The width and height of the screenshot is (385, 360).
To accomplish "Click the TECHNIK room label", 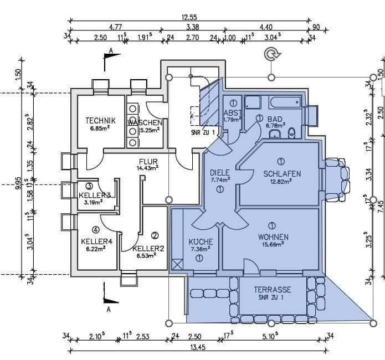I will (x=100, y=121).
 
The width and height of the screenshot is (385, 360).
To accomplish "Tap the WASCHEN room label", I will (x=145, y=122).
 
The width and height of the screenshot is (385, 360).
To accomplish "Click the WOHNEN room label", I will (x=272, y=237).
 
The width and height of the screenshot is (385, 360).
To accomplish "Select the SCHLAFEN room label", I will (x=282, y=174).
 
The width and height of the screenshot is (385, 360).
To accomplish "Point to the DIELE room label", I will (x=219, y=172).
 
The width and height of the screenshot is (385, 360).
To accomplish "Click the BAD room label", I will (x=275, y=119).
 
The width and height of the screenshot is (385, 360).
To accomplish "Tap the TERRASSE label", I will (x=273, y=290).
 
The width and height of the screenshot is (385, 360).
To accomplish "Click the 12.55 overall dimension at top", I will (x=189, y=17).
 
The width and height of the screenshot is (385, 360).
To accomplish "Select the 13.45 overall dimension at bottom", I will (x=197, y=347).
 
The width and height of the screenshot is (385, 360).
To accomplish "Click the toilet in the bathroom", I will (x=293, y=131).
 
